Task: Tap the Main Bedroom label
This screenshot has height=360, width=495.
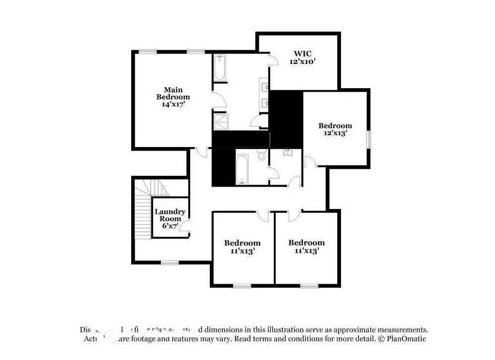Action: (x=173, y=93)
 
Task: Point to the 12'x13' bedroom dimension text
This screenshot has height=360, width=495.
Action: (x=335, y=133)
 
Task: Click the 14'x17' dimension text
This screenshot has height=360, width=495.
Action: (x=173, y=104)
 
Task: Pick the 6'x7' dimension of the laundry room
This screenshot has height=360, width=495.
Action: (x=170, y=226)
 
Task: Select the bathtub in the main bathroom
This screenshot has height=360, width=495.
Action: (x=220, y=68)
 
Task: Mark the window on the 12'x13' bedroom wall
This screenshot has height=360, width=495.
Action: (x=368, y=139)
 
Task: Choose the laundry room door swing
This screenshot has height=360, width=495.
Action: (x=184, y=227)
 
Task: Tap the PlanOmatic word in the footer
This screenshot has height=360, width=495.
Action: (x=406, y=339)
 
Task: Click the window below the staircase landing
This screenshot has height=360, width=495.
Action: (x=169, y=262)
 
